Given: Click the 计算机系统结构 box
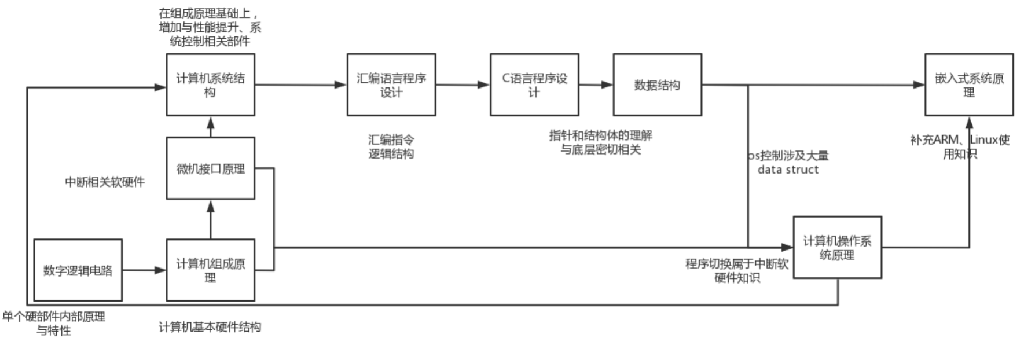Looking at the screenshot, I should pos(210,85).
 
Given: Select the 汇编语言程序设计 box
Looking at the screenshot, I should pos(391,85).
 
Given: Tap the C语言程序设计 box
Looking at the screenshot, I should pos(534,85).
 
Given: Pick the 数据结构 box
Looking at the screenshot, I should pos(657,85).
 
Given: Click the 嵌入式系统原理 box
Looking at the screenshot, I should pos(969,85).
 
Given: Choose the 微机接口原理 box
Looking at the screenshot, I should pos(210,168).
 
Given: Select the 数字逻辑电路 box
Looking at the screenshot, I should pos(78,270).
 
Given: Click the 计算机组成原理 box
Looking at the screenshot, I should pos(210,270).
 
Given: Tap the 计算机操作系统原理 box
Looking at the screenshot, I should pos(837,248).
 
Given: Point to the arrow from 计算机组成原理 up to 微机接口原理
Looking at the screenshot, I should pos(211,219).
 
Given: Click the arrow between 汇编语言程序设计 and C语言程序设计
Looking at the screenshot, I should pos(463,85).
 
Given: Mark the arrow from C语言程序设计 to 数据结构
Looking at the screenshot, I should pos(596,85).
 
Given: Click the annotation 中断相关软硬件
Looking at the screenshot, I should pos(105,182).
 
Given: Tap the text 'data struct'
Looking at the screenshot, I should pos(788,170).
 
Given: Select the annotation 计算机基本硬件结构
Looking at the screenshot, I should pos(210,327).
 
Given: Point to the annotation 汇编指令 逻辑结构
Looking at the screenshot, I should pos(391,146).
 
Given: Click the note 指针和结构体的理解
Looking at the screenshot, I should pos(601,135).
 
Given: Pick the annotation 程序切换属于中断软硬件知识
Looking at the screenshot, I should pos(737,270).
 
